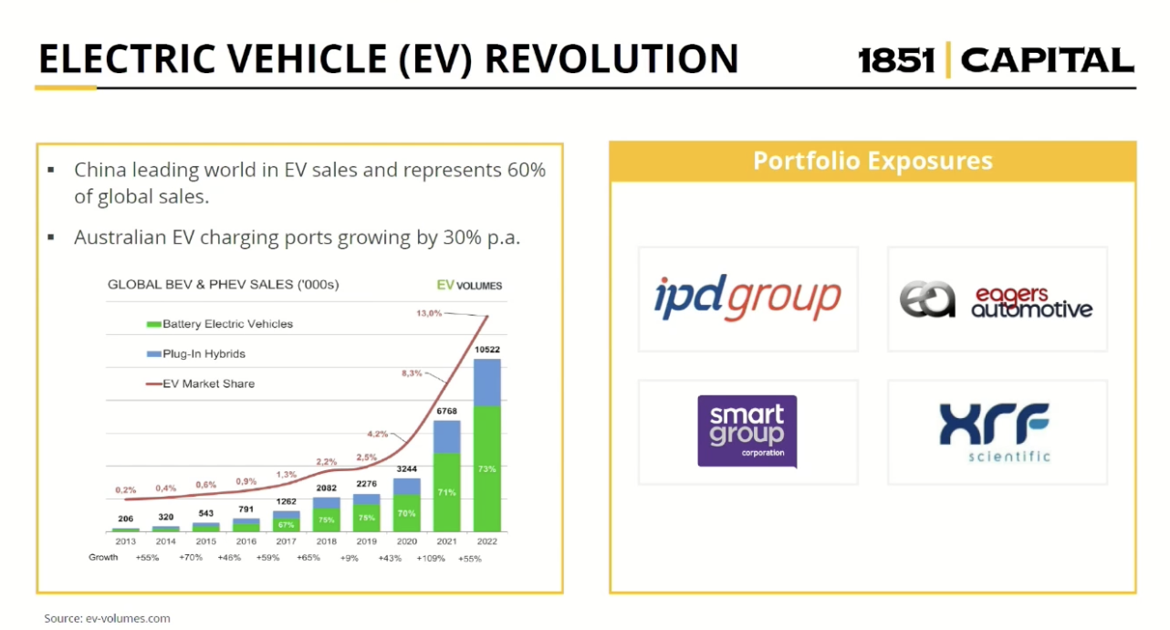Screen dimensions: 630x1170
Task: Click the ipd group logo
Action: coord(747,299)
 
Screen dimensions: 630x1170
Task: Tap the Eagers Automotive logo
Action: coord(997,299)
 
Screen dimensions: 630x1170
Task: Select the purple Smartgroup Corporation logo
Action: coord(747,431)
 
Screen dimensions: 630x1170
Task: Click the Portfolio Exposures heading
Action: coord(872,162)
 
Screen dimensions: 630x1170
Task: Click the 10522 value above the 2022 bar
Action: coord(488,350)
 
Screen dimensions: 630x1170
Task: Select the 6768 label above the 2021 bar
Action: coord(446,411)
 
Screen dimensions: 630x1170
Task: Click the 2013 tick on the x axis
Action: coord(125,541)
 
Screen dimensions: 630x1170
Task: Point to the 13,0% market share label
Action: coord(430,313)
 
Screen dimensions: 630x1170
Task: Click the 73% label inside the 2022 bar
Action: coord(487,468)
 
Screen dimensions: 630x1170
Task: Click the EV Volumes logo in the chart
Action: coord(469,285)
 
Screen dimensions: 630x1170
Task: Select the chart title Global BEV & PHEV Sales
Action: coord(223,284)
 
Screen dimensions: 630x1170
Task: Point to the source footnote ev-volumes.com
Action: coord(108,618)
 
